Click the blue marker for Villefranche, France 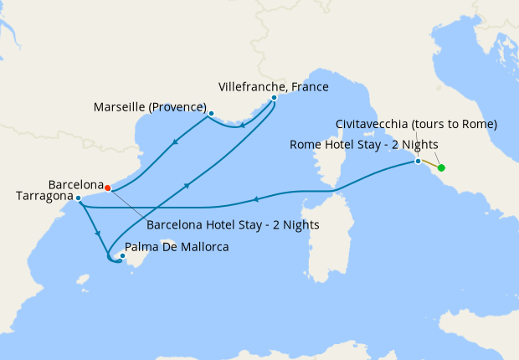click(274, 98)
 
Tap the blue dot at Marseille click(211, 113)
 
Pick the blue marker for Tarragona click(78, 198)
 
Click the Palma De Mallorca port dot click(123, 256)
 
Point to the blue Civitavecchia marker click(418, 161)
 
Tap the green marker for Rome click(441, 168)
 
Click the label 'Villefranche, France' click(273, 86)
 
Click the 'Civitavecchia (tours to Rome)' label click(416, 124)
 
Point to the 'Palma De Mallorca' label click(176, 247)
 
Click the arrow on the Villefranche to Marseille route click(243, 126)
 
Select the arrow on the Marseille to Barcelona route click(174, 141)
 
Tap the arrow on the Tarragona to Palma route click(98, 234)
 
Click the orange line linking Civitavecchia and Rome click(429, 164)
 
